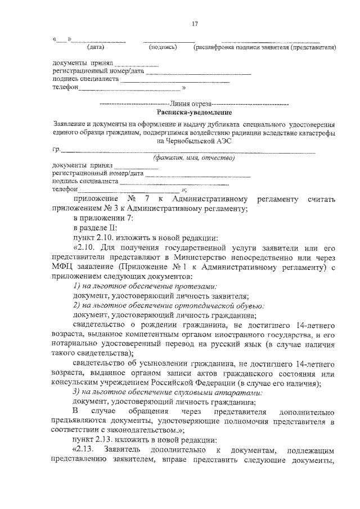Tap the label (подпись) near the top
click(163, 48)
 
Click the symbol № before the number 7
click(133, 200)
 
